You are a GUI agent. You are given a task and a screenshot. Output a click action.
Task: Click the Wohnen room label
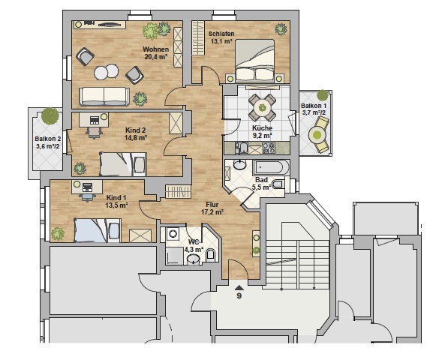pos(156,49)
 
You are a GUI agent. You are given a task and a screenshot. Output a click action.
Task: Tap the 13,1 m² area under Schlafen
pos(221,41)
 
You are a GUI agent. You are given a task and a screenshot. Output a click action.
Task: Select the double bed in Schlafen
pos(255,61)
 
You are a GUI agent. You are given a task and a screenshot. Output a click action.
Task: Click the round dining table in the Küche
pos(262,107)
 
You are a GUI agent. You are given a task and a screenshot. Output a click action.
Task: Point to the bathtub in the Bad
pos(271,167)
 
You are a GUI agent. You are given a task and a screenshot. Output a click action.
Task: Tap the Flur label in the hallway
pos(212,205)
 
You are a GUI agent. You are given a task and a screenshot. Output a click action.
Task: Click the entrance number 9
pos(239,296)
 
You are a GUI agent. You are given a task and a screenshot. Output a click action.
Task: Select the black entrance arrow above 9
pos(239,288)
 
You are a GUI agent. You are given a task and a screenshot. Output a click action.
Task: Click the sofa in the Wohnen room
pos(104,97)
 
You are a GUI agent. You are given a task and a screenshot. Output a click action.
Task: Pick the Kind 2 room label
pos(136,130)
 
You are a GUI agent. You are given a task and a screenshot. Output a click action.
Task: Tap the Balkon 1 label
pos(314,106)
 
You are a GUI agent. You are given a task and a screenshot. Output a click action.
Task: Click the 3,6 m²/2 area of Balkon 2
pos(47,146)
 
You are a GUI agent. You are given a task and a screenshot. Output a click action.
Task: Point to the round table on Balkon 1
pos(317,135)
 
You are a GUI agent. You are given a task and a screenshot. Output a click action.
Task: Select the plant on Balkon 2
pos(50,115)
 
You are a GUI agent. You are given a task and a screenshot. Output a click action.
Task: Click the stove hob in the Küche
pos(269,148)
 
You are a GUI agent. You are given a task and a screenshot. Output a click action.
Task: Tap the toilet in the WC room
pos(210,254)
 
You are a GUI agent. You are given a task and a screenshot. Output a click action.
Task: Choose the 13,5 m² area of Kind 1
pos(116,205)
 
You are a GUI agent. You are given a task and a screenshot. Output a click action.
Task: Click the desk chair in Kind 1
pos(87,196)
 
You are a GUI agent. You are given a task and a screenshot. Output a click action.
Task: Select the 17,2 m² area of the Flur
pos(212,211)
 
